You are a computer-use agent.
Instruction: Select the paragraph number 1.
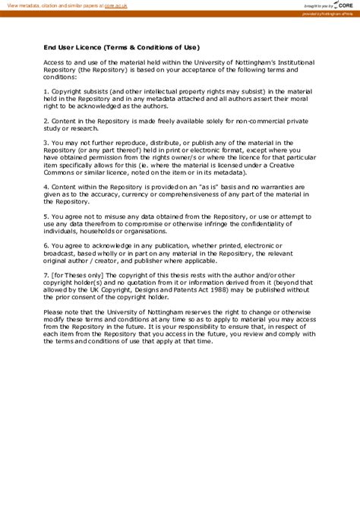(x=46, y=90)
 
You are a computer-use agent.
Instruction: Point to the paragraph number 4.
(x=46, y=186)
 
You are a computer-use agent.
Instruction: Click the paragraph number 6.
(x=46, y=245)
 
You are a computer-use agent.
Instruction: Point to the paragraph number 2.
(x=46, y=120)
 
